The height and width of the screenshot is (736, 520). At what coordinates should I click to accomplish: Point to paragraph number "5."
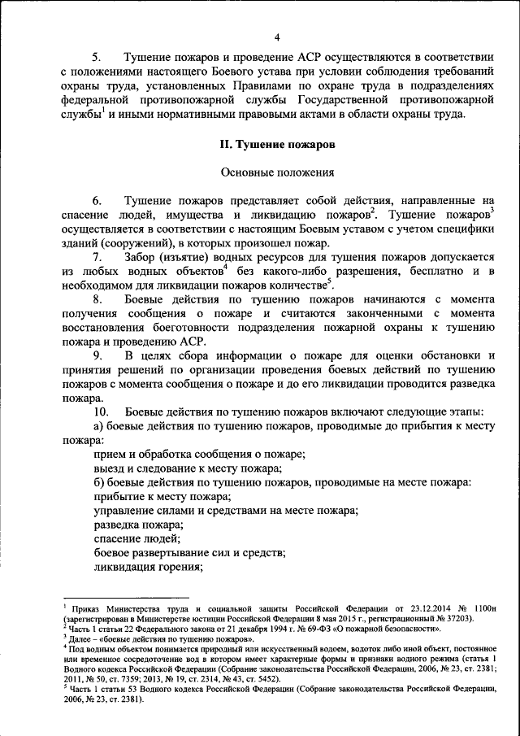(x=97, y=59)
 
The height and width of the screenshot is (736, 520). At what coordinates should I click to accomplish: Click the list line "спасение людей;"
(x=136, y=539)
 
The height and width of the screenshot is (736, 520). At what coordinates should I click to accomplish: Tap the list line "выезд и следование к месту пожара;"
(x=188, y=468)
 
